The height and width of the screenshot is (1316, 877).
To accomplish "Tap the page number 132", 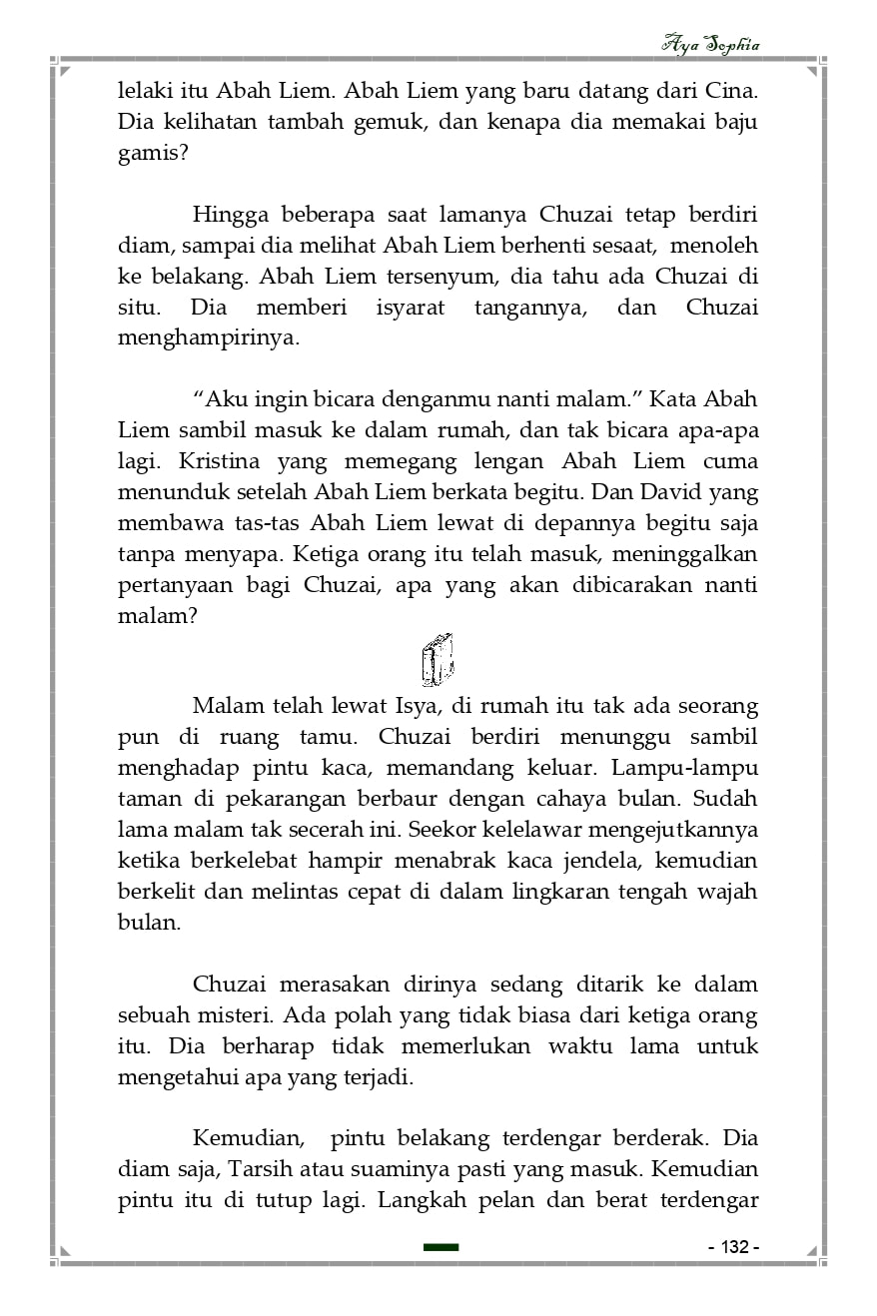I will [x=733, y=1248].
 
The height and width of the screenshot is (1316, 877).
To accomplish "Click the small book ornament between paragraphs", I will [x=438, y=660].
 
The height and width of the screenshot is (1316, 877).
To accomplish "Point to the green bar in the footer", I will [x=440, y=1247].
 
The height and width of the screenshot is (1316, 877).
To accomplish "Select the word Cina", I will [x=731, y=91].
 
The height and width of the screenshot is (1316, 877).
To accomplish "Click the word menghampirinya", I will [x=208, y=338].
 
